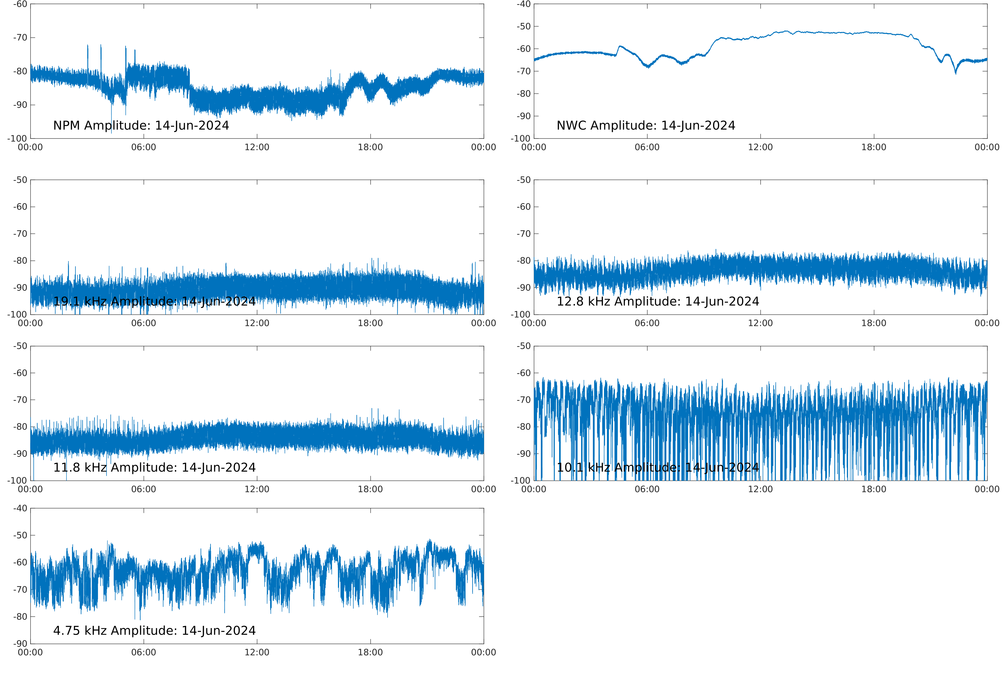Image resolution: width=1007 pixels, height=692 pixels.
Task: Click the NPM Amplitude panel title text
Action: [141, 126]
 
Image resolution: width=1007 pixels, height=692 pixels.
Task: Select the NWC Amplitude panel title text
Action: [646, 126]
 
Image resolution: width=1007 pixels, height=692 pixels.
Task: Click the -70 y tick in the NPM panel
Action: [20, 38]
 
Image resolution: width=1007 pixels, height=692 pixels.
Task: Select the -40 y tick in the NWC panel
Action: [523, 4]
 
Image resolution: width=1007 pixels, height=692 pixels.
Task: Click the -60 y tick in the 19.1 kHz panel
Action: [20, 207]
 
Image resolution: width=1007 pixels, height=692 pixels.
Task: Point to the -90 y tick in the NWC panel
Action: [523, 116]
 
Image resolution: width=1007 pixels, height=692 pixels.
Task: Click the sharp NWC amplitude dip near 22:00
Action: [955, 73]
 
